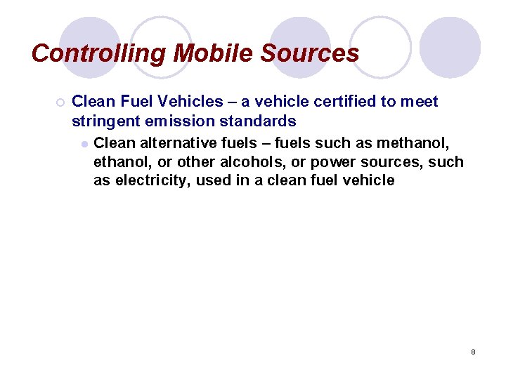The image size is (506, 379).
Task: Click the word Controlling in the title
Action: click(x=99, y=53)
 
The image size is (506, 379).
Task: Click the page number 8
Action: click(x=473, y=352)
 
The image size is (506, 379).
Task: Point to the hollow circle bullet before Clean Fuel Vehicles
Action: click(x=60, y=102)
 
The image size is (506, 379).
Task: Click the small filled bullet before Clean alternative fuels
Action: click(x=84, y=143)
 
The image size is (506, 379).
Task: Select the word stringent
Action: click(x=103, y=121)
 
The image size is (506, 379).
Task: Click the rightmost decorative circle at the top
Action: click(x=450, y=47)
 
